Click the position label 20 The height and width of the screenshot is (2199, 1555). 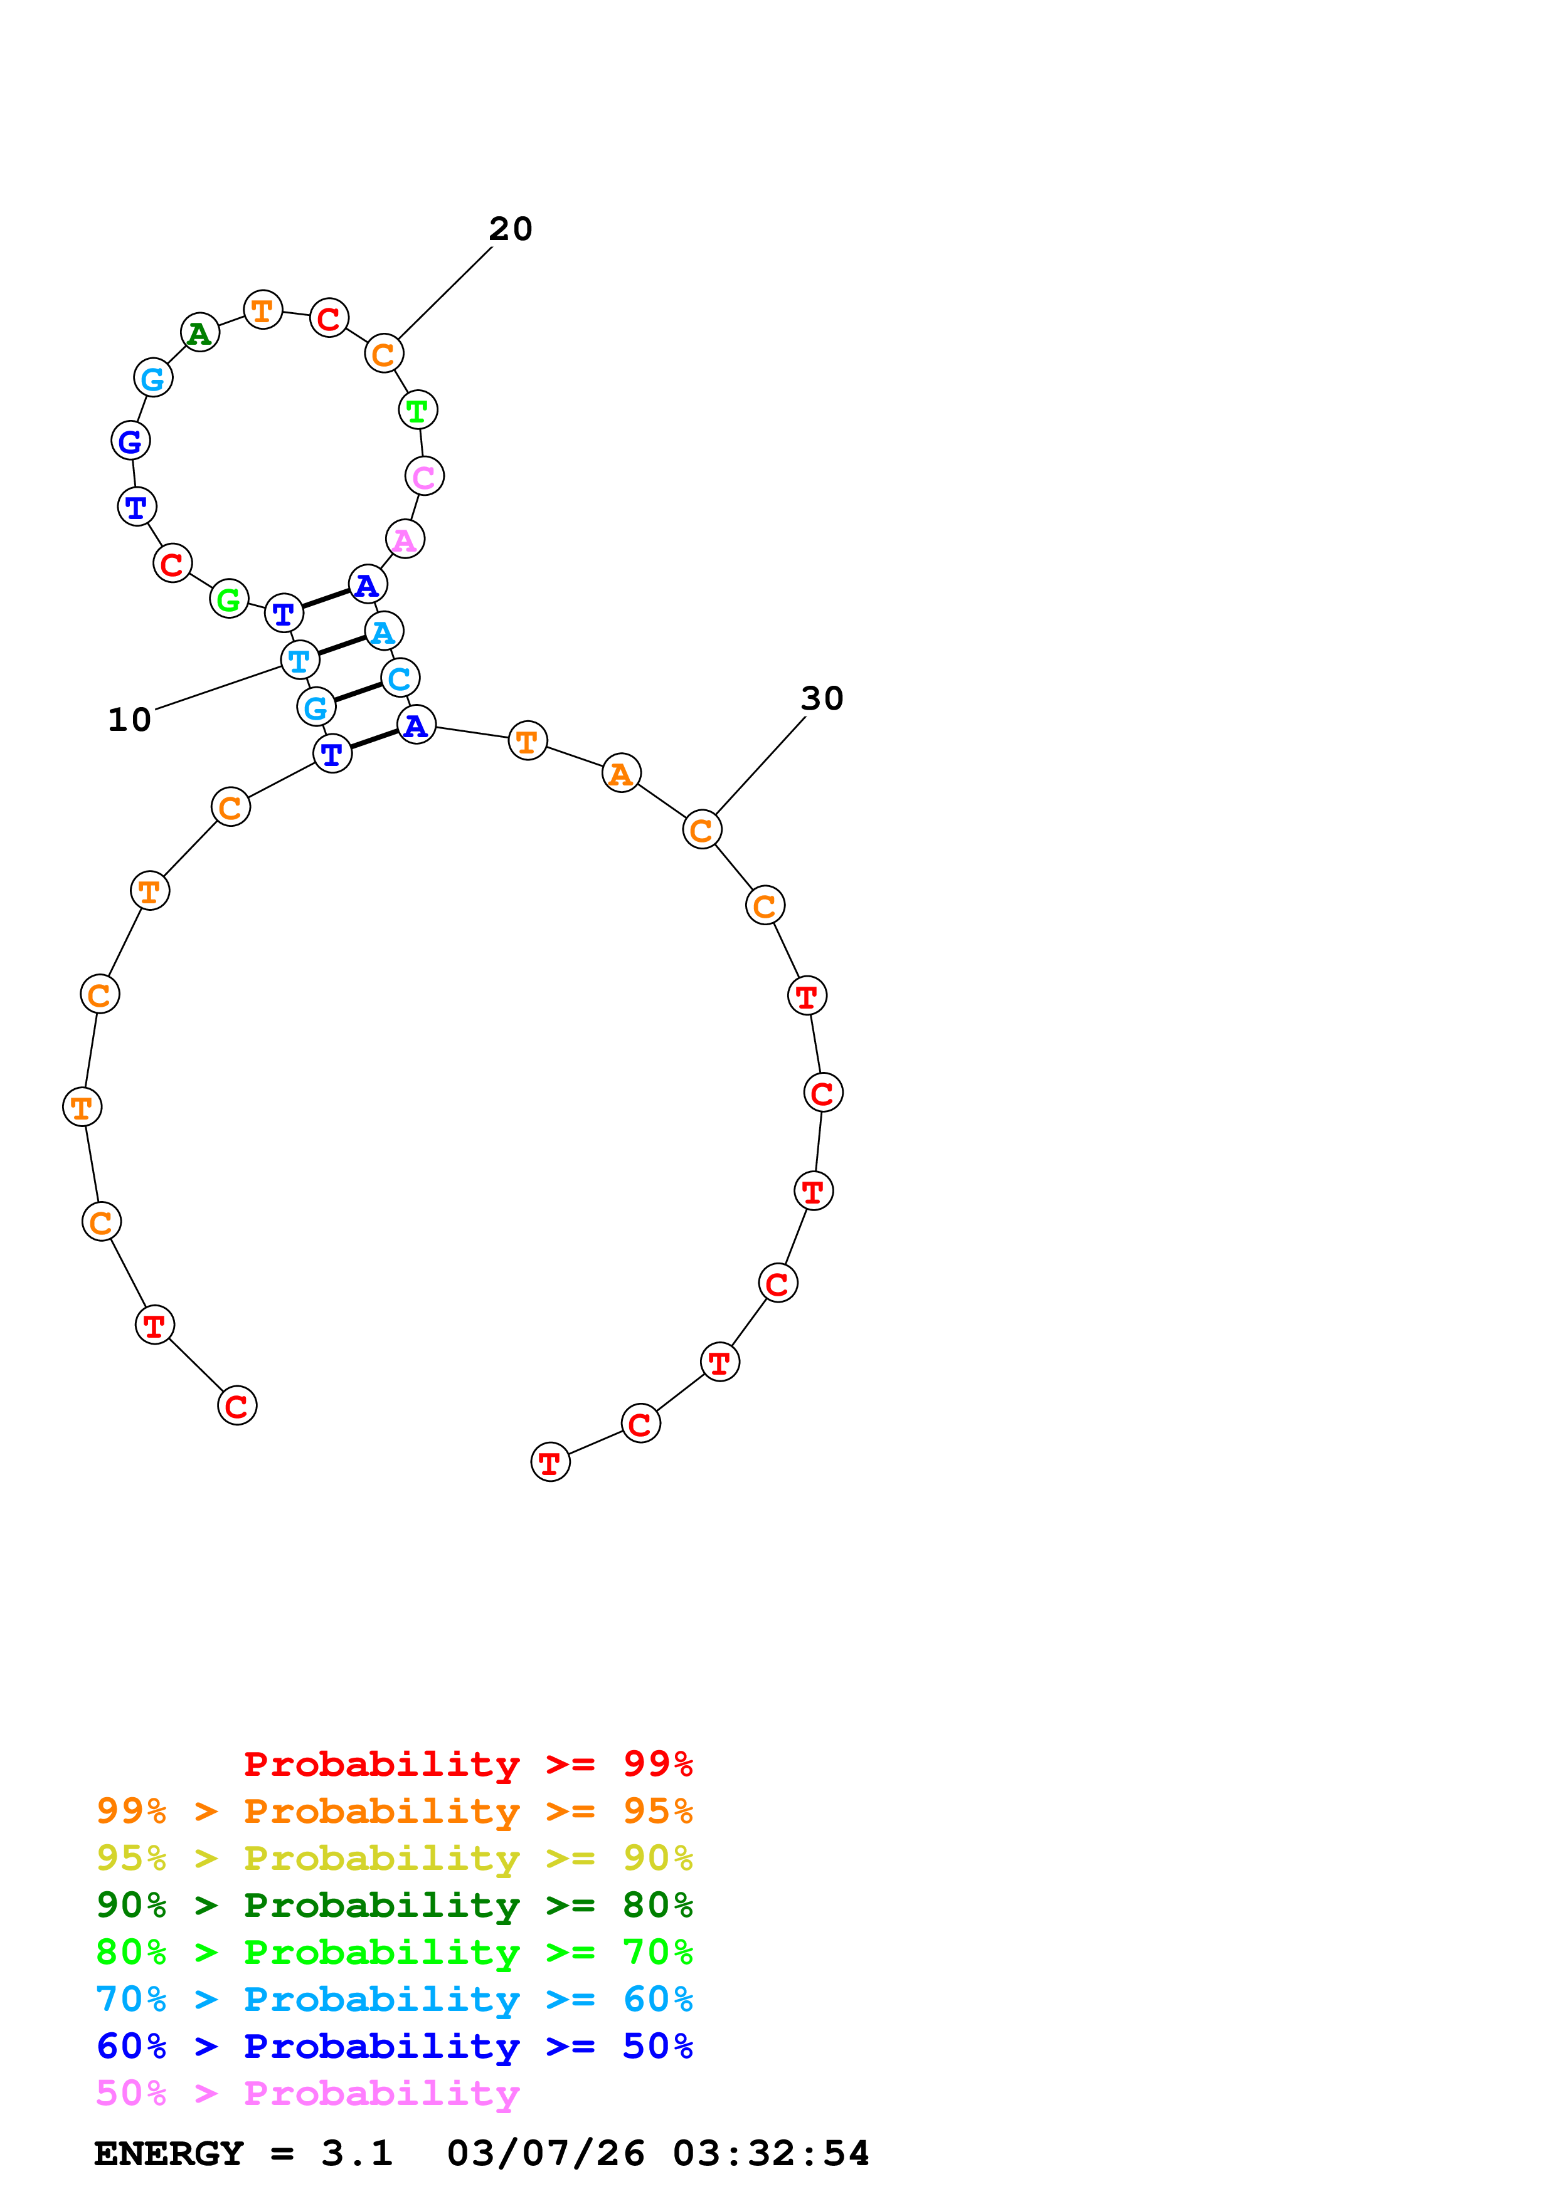(510, 229)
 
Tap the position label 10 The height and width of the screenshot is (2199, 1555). (129, 719)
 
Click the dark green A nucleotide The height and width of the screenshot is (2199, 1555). (199, 332)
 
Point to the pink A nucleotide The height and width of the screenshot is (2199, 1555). (405, 539)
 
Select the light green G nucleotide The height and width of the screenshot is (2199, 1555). (228, 599)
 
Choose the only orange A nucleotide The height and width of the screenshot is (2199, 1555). (621, 773)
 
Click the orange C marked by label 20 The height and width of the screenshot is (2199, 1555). (383, 354)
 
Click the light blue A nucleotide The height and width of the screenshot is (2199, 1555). (383, 631)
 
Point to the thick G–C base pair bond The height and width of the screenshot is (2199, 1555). (358, 693)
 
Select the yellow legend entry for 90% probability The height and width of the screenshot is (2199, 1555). (394, 1857)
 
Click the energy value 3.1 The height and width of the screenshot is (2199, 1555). (356, 2154)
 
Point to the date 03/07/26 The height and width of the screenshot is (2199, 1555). (545, 2154)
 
